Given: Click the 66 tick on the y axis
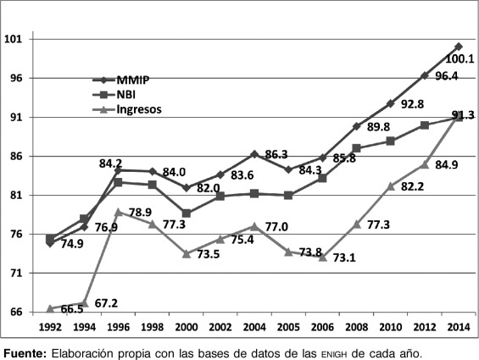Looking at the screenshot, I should (15, 313).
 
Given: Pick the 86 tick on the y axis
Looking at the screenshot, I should (15, 157).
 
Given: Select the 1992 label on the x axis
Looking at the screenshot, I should (50, 326).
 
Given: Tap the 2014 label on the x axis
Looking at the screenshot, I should (459, 326).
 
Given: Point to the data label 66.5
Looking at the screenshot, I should (72, 310).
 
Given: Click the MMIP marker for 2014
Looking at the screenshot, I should (459, 46).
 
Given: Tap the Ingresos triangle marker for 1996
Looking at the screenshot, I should (119, 212).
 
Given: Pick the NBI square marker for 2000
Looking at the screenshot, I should (187, 213).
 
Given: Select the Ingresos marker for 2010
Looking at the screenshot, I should (391, 186).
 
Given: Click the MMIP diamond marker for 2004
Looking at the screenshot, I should (254, 154).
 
